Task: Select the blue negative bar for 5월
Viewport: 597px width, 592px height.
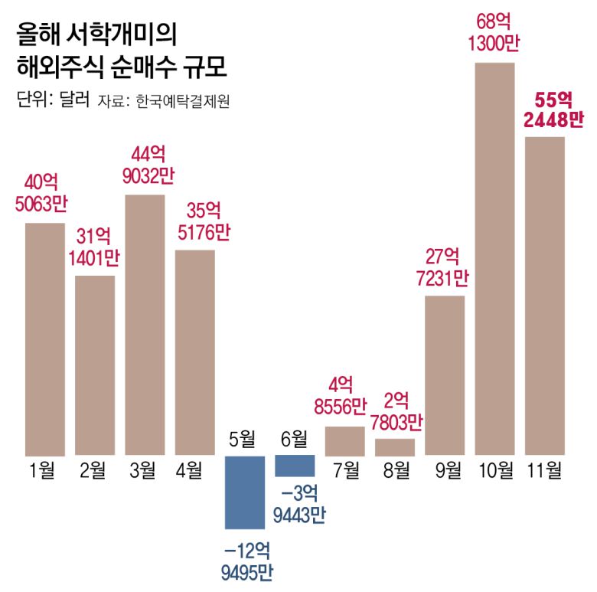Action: (x=244, y=492)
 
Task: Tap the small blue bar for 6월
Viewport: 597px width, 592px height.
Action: (x=295, y=466)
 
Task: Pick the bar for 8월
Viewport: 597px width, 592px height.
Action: (x=395, y=447)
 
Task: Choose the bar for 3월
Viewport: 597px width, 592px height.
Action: (x=145, y=325)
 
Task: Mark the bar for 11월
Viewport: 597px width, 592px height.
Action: (x=545, y=296)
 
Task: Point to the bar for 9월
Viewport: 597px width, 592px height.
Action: (x=445, y=375)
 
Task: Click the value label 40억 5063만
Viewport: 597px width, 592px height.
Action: (x=45, y=193)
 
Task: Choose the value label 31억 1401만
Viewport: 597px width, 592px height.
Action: (x=96, y=247)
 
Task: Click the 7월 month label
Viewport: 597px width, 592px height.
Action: (x=345, y=469)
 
